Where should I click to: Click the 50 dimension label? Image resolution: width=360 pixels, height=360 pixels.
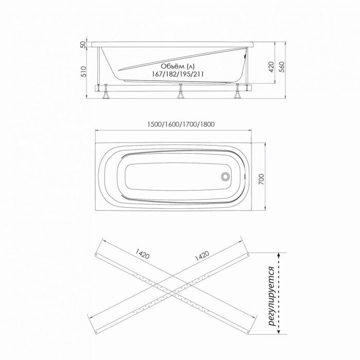click(x=84, y=44)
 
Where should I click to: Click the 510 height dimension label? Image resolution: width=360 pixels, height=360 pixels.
click(x=84, y=71)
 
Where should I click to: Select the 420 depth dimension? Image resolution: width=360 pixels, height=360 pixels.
click(x=272, y=67)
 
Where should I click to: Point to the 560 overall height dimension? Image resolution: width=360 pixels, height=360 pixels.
click(x=282, y=67)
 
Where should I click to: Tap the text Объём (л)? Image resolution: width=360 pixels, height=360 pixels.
click(x=177, y=66)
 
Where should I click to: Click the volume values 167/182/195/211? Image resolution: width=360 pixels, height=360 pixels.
click(x=177, y=74)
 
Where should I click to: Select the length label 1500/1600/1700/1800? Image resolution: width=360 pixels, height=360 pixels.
click(x=181, y=124)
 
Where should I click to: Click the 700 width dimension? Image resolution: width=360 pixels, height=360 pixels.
click(x=261, y=179)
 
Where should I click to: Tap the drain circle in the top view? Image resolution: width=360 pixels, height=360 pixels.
click(x=225, y=176)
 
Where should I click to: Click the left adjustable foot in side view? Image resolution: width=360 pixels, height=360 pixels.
click(x=106, y=92)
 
